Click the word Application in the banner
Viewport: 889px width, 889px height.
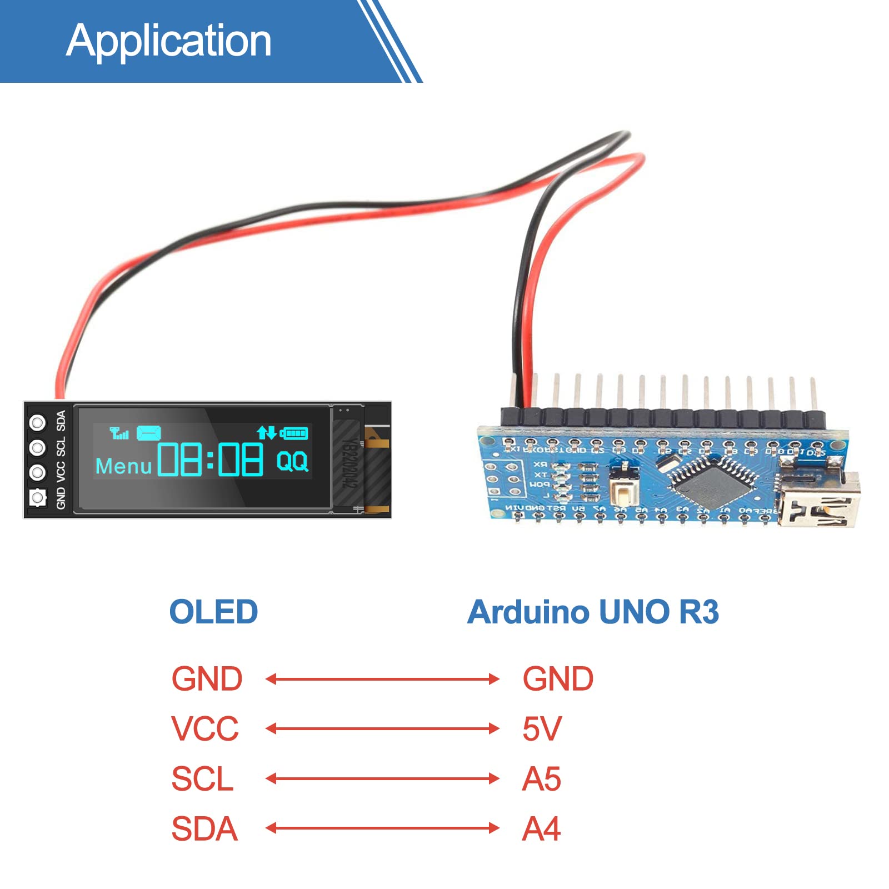click(169, 41)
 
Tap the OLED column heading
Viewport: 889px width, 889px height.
click(213, 612)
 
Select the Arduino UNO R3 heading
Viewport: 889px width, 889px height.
click(593, 612)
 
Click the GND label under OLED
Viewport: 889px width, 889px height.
click(207, 679)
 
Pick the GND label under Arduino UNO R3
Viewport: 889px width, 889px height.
click(558, 679)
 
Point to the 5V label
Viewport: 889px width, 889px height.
click(542, 728)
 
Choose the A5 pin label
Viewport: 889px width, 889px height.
click(541, 778)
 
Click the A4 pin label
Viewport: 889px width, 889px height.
click(541, 828)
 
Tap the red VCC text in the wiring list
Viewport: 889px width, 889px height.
click(204, 728)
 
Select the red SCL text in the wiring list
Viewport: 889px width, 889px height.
click(202, 778)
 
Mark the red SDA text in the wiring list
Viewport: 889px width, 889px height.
click(204, 828)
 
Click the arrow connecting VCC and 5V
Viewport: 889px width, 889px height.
click(382, 728)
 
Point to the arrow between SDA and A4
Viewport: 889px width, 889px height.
click(382, 828)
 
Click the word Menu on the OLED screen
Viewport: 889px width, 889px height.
click(123, 466)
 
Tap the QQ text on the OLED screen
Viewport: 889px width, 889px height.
click(292, 461)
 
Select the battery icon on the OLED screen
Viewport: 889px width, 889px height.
click(294, 433)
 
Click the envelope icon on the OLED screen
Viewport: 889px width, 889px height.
click(148, 433)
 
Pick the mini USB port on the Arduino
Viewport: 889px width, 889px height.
click(820, 500)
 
